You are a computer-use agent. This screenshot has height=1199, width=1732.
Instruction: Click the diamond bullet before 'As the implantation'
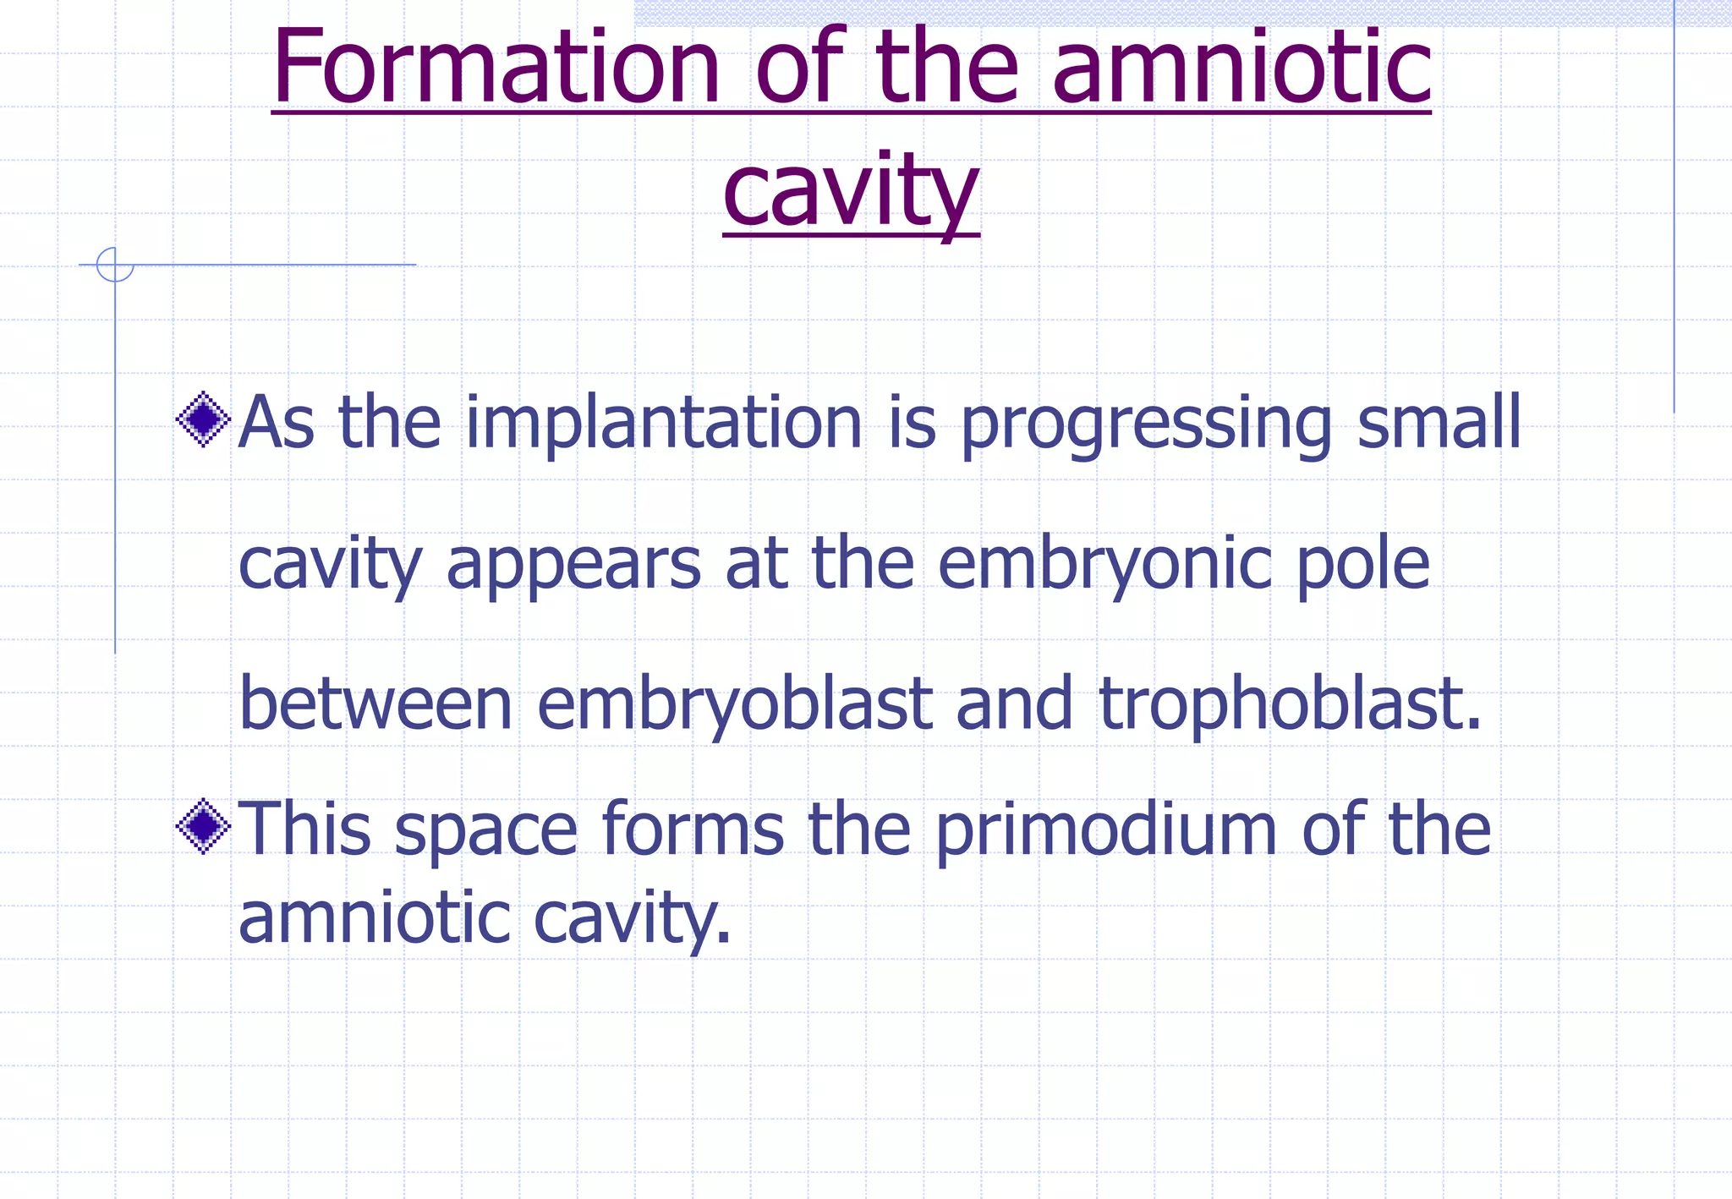(x=203, y=419)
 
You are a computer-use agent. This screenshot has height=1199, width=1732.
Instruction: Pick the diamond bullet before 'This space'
(x=203, y=827)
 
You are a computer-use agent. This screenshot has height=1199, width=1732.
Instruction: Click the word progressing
(x=1146, y=424)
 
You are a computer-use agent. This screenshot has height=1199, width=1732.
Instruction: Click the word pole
(x=1362, y=566)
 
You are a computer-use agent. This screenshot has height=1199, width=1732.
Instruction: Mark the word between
(x=376, y=704)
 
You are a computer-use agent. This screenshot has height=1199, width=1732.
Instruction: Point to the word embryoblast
(x=734, y=706)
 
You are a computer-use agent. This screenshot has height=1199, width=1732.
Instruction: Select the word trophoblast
(x=1289, y=706)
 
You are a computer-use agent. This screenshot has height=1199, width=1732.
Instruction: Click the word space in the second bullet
(x=486, y=831)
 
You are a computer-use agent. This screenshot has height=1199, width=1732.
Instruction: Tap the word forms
(x=693, y=829)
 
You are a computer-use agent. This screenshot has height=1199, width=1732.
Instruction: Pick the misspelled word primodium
(x=1106, y=831)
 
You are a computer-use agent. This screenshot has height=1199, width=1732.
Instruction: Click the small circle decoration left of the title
(x=115, y=265)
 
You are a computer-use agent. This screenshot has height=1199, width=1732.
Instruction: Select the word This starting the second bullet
(x=304, y=829)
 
